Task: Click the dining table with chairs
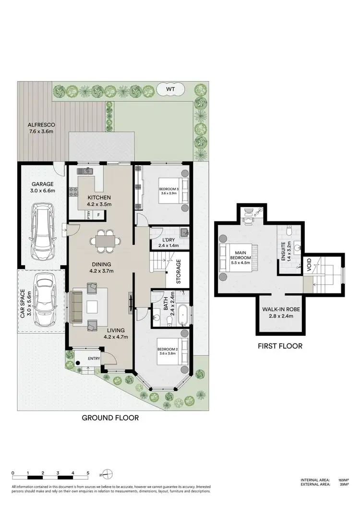tap(105, 241)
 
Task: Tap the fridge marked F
tap(99, 216)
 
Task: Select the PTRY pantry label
tap(89, 216)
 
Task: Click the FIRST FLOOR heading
tap(280, 346)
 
